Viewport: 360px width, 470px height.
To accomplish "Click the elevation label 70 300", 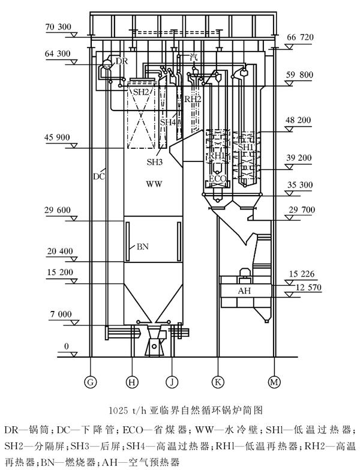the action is click(58, 27).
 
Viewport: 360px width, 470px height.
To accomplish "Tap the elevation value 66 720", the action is click(300, 37).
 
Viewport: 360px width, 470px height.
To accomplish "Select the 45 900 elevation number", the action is click(57, 137).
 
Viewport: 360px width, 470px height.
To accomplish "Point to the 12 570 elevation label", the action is click(308, 288).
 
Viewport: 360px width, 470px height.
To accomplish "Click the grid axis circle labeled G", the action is click(90, 382).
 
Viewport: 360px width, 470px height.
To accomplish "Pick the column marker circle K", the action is click(218, 382).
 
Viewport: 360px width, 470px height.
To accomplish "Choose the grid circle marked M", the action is click(274, 382).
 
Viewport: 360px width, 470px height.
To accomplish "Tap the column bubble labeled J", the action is click(172, 382).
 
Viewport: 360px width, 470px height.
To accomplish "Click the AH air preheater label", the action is click(244, 291).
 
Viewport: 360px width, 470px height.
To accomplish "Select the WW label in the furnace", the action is click(154, 184).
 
